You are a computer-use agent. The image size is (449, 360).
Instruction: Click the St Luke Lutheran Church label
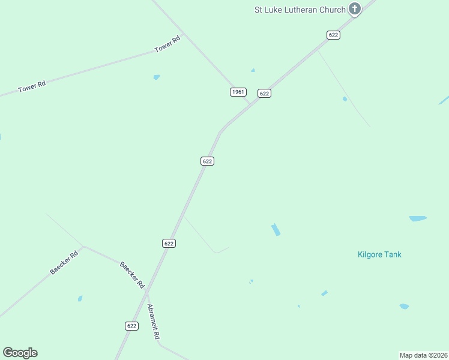(300, 10)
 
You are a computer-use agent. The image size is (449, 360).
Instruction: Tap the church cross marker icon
(355, 9)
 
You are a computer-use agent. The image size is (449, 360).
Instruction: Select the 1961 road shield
(238, 92)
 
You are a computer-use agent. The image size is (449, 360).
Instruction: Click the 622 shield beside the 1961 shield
(264, 93)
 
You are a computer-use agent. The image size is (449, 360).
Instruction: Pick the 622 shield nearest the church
(334, 35)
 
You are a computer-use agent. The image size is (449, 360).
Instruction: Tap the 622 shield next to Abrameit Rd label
(132, 325)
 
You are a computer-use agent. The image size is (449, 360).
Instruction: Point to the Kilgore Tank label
(379, 254)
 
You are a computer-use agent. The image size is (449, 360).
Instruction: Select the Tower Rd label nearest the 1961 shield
(167, 44)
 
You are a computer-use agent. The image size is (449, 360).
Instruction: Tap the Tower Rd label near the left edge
(32, 87)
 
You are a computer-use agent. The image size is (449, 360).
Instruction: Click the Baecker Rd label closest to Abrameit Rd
(133, 273)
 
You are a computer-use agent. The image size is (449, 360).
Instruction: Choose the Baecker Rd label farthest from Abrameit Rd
(64, 263)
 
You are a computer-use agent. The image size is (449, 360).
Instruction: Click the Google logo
(20, 353)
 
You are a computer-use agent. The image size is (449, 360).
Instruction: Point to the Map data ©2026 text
(423, 355)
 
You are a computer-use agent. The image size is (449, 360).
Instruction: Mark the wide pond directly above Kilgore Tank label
(418, 219)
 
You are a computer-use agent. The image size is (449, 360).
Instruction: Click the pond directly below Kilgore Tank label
(404, 307)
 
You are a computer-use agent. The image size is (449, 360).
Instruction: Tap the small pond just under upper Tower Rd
(157, 77)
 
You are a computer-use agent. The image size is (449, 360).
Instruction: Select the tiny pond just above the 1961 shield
(253, 70)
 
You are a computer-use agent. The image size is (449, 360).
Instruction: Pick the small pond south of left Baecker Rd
(80, 298)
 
